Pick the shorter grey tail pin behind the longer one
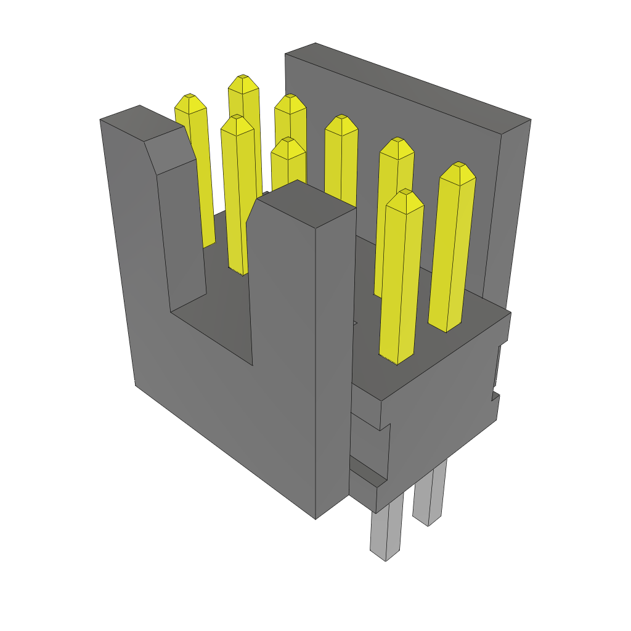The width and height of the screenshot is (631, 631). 429,499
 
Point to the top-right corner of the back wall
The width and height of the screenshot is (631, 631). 530,120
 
